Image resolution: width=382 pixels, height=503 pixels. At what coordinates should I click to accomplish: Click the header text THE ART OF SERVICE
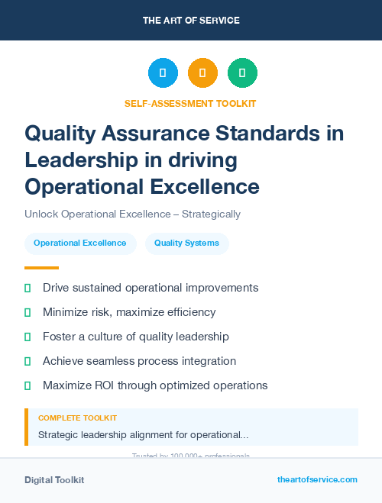[190, 21]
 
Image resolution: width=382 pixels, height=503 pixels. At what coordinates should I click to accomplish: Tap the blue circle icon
[163, 73]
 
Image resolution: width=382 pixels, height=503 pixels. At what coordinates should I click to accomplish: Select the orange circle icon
[202, 73]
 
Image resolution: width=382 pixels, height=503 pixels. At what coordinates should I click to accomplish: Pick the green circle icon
[242, 73]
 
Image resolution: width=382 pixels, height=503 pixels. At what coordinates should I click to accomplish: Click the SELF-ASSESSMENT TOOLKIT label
[190, 103]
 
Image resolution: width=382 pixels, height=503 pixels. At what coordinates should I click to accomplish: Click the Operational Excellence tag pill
[80, 243]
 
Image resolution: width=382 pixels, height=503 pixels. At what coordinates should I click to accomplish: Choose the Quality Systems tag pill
[186, 243]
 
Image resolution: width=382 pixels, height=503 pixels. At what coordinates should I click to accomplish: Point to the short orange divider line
[41, 268]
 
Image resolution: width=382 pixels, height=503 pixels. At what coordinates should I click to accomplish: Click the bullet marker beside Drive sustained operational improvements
[28, 288]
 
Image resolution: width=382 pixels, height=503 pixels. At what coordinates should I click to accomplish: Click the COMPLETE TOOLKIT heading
[77, 418]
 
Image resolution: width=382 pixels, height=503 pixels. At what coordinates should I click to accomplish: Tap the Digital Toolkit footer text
[54, 480]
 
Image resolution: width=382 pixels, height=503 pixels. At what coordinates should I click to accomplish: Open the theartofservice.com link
[317, 480]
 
